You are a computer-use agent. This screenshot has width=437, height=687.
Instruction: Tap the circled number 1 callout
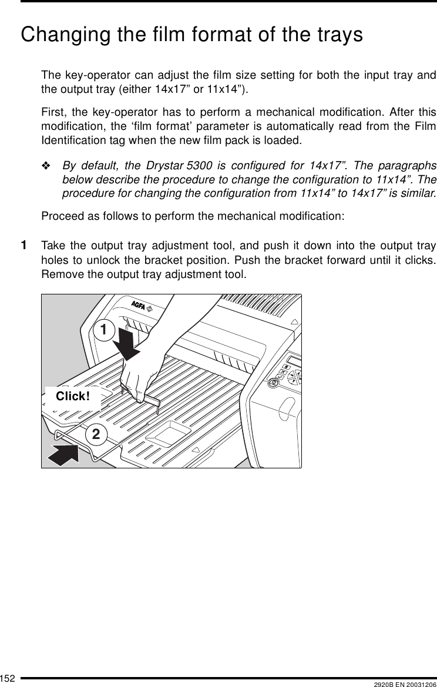(103, 330)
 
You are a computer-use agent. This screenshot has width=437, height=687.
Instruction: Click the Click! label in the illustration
(73, 397)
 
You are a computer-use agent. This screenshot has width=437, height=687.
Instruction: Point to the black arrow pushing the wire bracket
(62, 454)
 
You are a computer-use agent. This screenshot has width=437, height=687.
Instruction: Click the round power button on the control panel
(273, 383)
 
